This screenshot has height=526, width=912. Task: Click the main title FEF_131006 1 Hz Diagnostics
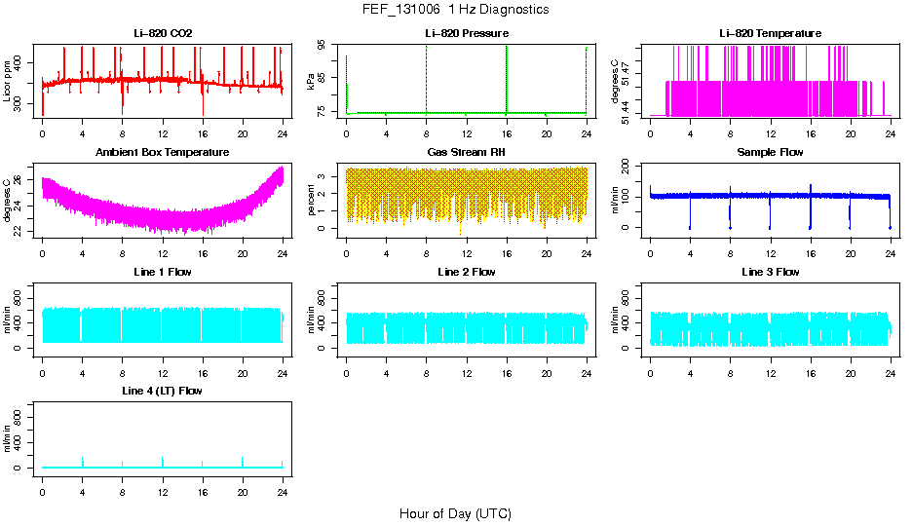click(455, 10)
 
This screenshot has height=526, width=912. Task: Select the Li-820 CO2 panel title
click(163, 33)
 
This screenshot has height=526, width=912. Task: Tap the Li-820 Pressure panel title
click(466, 33)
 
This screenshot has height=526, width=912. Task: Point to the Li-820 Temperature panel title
click(770, 33)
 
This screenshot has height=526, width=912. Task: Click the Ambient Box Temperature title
click(163, 152)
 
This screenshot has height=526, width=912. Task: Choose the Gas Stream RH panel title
click(466, 152)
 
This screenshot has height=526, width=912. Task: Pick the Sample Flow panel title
click(770, 152)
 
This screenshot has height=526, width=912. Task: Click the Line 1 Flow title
click(163, 271)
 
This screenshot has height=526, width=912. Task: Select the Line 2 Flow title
click(466, 271)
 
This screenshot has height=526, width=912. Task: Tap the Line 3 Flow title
click(770, 271)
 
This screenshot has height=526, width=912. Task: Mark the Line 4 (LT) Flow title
click(163, 390)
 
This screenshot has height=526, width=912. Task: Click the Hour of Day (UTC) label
click(455, 513)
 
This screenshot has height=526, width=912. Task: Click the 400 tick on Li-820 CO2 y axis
click(19, 62)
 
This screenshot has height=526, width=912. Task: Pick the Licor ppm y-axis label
click(7, 82)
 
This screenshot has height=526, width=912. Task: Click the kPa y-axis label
click(311, 82)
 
